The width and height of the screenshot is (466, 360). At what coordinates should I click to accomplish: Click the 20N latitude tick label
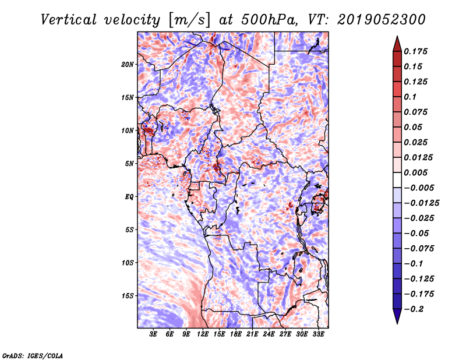[x=127, y=65]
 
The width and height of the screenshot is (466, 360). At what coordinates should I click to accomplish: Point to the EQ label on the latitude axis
[x=129, y=197]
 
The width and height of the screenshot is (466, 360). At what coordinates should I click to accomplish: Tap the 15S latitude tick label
[x=127, y=296]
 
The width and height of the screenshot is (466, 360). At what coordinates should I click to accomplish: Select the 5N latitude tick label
[x=129, y=164]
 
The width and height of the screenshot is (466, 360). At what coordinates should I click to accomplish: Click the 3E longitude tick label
[x=153, y=334]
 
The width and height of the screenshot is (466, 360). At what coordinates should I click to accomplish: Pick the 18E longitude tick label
[x=236, y=334]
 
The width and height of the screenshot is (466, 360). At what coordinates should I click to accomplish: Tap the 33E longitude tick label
[x=318, y=334]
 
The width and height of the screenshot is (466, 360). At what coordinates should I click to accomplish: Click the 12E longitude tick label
[x=203, y=334]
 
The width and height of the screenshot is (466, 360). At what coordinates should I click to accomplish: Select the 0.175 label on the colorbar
[x=415, y=51]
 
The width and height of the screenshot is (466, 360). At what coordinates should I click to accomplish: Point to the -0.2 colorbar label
[x=414, y=309]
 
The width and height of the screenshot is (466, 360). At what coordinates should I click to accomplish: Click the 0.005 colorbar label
[x=415, y=172]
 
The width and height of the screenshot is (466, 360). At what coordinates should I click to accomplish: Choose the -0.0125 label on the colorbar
[x=421, y=203]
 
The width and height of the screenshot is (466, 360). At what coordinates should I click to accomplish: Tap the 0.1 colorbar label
[x=410, y=97]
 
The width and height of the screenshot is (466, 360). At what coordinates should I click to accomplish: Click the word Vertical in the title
[x=68, y=20]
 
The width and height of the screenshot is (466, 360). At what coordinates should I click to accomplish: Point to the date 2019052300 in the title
[x=382, y=20]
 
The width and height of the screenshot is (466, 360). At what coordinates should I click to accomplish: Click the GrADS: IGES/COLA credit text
[x=33, y=356]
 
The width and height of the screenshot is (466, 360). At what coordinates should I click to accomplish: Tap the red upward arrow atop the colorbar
[x=397, y=44]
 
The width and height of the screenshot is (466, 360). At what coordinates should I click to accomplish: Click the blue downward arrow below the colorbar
[x=397, y=316]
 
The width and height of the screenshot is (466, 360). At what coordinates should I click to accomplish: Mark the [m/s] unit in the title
[x=189, y=20]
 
